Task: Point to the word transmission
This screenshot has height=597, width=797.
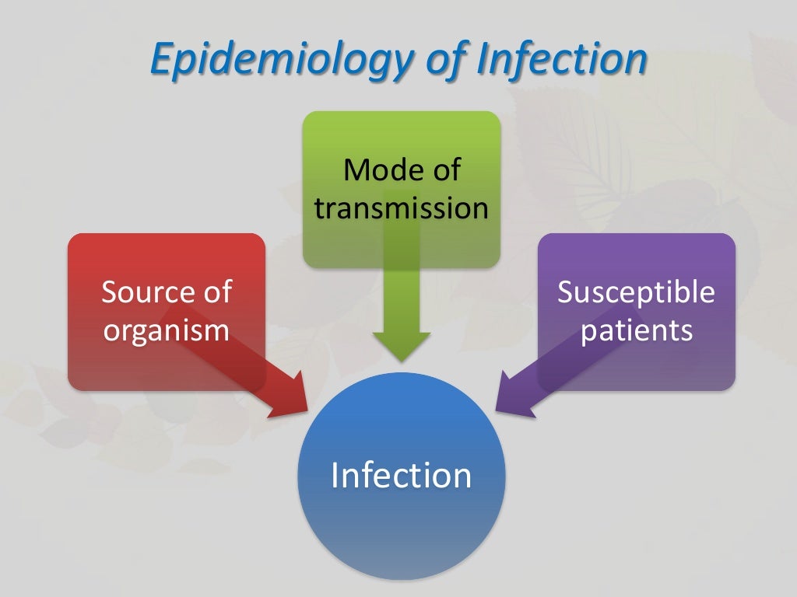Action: tap(401, 208)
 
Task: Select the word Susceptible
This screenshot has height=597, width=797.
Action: tap(636, 292)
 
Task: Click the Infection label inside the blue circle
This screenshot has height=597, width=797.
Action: tap(401, 475)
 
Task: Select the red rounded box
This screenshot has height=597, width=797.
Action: tap(117, 365)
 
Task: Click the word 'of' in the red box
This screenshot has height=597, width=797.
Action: tap(216, 292)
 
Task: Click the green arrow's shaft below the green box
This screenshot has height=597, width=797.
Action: tap(401, 299)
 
